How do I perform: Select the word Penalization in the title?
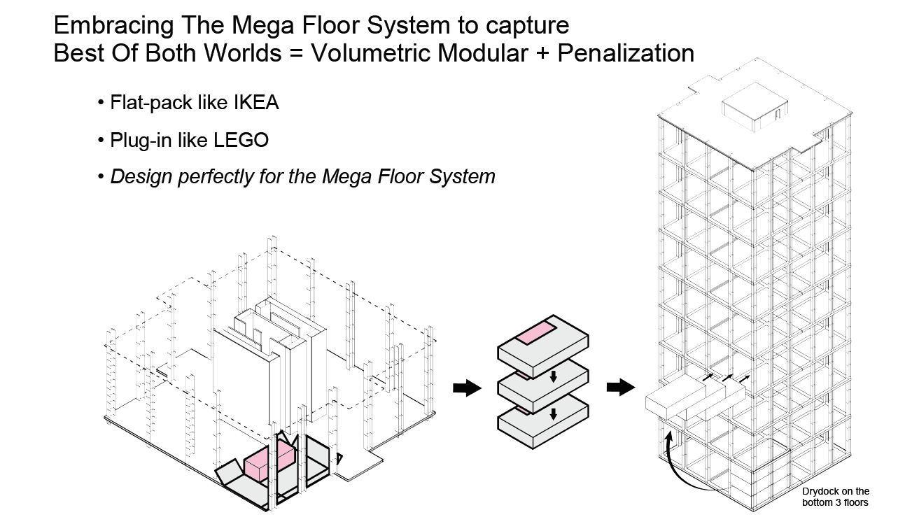tap(626, 53)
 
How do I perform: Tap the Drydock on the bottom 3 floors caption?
tap(836, 497)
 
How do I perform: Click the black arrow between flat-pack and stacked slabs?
tap(468, 388)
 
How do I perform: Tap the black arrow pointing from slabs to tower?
tap(620, 387)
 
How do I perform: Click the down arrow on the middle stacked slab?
tap(553, 377)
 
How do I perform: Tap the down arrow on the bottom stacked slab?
tap(553, 413)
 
